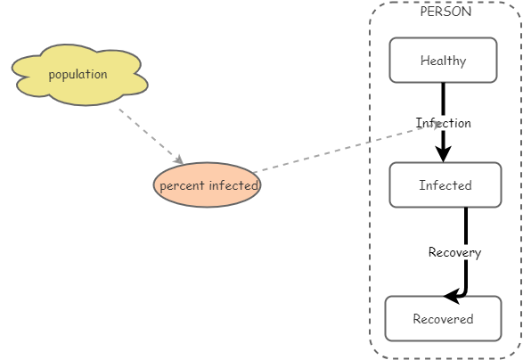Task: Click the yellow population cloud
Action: (x=78, y=75)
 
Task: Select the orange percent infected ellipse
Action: (x=207, y=185)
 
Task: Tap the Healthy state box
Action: (x=443, y=61)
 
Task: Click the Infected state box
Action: (x=445, y=185)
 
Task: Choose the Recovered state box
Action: (x=443, y=319)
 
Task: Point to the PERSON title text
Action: (x=445, y=12)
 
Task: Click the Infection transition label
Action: (x=443, y=123)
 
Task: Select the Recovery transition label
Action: (x=454, y=252)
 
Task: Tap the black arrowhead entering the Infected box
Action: (x=443, y=154)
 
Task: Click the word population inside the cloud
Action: (x=78, y=74)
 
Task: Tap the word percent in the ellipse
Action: (x=182, y=186)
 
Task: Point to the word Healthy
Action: (x=443, y=61)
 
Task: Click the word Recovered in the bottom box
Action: (x=443, y=319)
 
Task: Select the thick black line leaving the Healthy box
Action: (x=443, y=98)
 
